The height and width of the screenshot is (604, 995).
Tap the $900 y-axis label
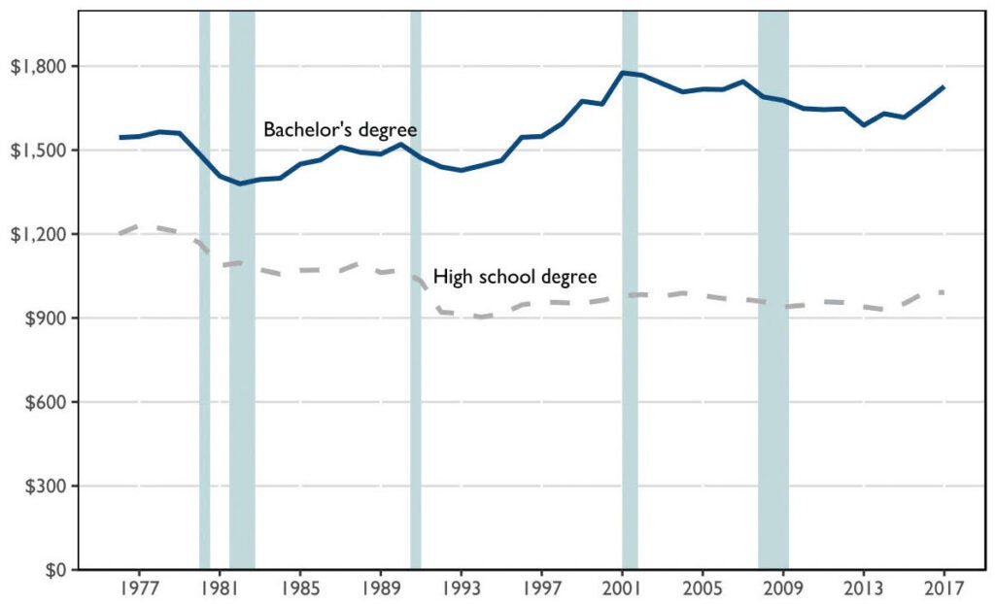pos(43,319)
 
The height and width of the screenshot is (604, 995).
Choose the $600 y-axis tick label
pos(43,402)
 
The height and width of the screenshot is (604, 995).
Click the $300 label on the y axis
pos(43,486)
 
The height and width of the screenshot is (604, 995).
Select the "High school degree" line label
pos(514,277)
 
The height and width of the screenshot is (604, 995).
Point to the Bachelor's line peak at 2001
pos(624,72)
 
